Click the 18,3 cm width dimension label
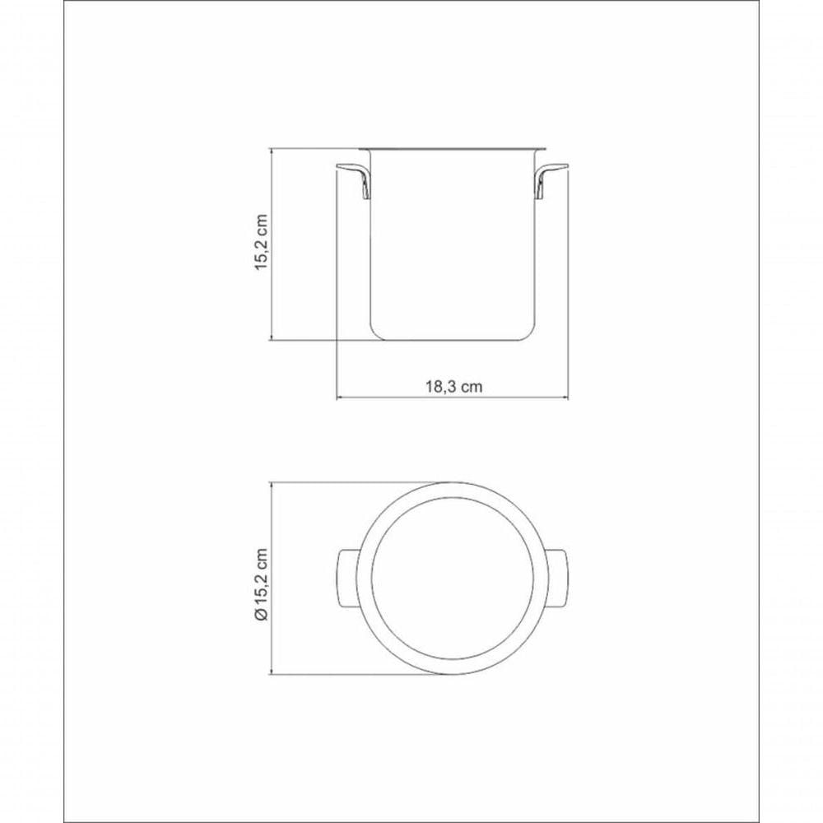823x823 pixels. coord(453,388)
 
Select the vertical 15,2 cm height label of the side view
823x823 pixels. coord(262,242)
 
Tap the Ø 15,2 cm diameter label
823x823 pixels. coord(262,584)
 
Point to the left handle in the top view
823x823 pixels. coord(346,579)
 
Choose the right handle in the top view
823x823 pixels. coord(556,579)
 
